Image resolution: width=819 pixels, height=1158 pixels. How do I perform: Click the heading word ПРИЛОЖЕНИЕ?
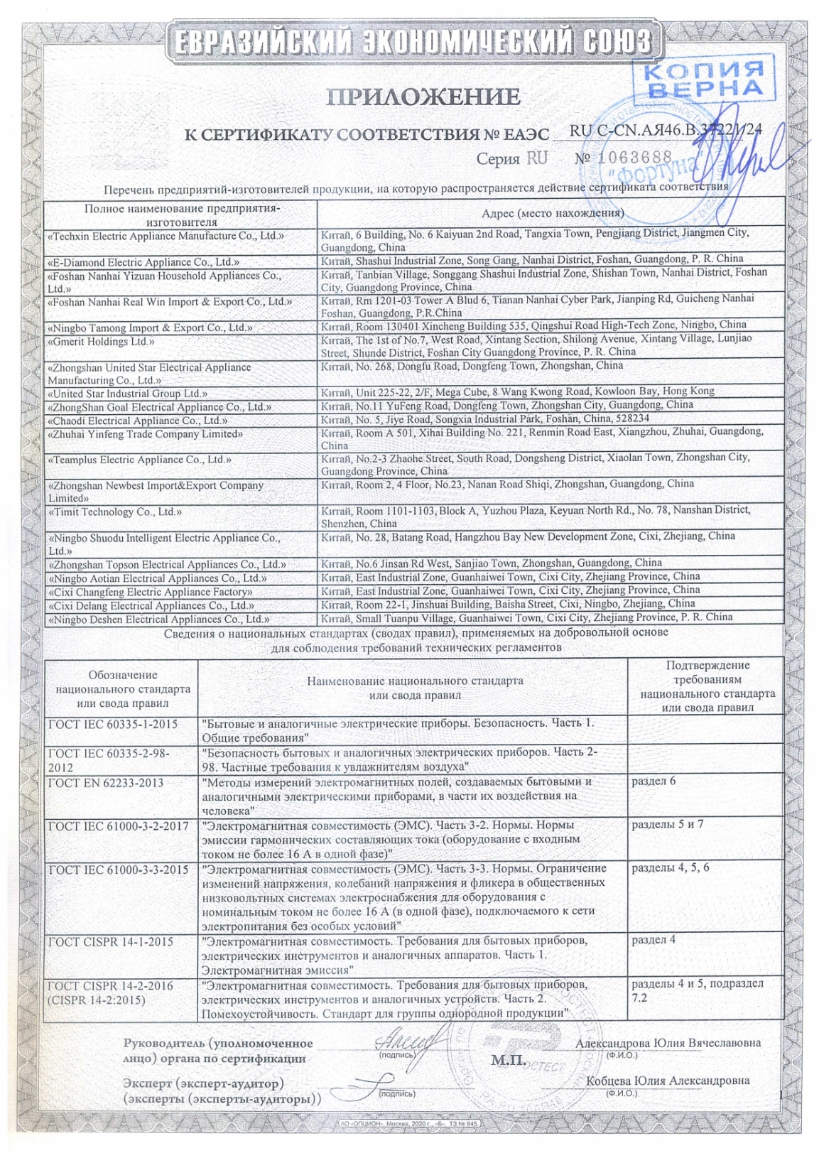coord(423,97)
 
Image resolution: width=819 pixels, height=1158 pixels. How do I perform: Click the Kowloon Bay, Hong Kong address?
coord(518,391)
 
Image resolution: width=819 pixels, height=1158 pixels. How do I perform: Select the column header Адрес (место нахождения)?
coord(552,213)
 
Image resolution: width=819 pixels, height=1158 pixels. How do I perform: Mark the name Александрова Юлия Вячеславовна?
coord(668,1043)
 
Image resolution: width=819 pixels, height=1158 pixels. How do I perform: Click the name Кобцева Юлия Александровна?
coord(668,1080)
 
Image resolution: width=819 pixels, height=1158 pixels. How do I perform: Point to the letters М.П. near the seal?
coord(509,1061)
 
